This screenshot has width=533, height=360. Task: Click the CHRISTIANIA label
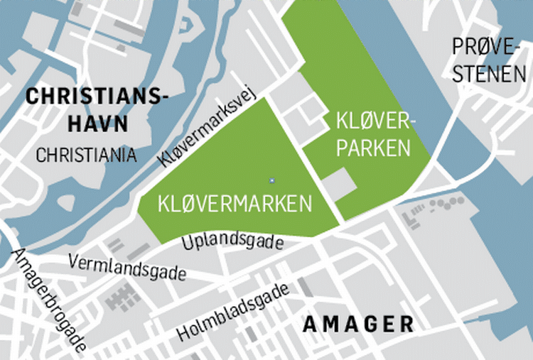pyautogui.click(x=86, y=155)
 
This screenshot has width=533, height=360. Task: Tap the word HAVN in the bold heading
pyautogui.click(x=97, y=124)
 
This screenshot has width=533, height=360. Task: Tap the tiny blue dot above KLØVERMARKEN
pyautogui.click(x=271, y=180)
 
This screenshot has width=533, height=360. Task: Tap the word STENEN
pyautogui.click(x=489, y=74)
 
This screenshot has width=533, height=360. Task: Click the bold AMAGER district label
pyautogui.click(x=358, y=324)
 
